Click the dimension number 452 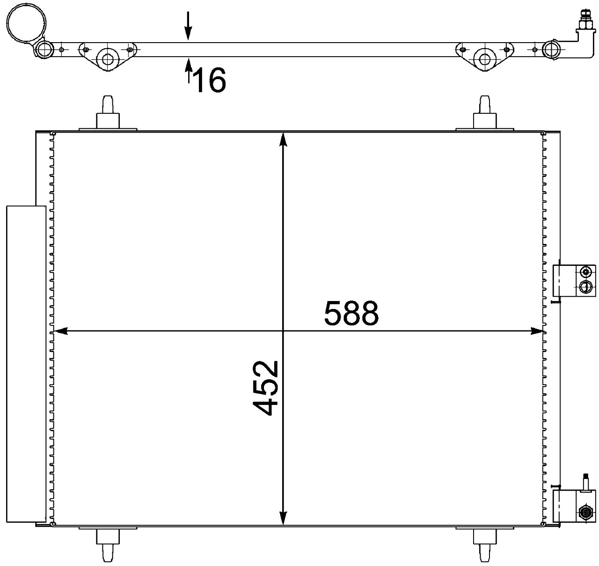coord(265,388)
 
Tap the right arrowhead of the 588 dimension coord(538,331)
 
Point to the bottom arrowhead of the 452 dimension coord(283,526)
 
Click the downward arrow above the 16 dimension coord(188,26)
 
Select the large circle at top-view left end coord(27,24)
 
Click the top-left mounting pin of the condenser coord(108,113)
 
